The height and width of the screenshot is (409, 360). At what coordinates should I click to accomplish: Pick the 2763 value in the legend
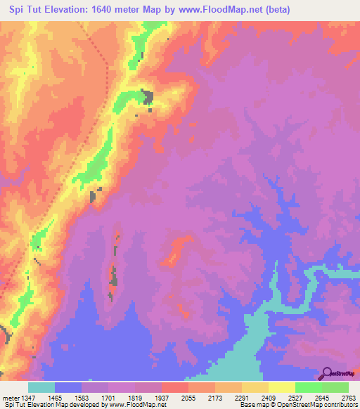(348, 398)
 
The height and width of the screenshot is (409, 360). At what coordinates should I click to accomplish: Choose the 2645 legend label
(321, 398)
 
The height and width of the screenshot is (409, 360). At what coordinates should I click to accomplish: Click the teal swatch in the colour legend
(41, 387)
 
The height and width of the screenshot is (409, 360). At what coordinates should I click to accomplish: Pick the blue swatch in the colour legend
(67, 387)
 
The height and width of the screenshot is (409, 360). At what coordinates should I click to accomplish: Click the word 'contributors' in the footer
(340, 405)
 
